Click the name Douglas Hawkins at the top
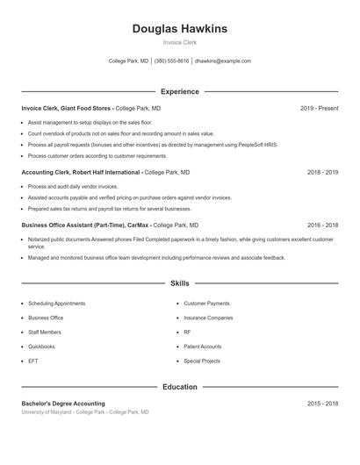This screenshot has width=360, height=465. click(179, 29)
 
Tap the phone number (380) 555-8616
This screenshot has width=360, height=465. click(172, 61)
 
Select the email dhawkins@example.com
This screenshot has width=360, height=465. click(223, 61)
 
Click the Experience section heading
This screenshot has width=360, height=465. click(179, 91)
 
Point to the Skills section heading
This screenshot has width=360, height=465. click(179, 283)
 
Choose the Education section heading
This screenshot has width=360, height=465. click(179, 387)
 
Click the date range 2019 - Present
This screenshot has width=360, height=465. click(319, 108)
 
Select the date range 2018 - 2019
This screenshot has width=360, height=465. click(322, 173)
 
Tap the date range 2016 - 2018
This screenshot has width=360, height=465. click(322, 225)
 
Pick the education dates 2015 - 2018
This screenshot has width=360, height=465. click(322, 403)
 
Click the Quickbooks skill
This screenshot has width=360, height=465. click(42, 347)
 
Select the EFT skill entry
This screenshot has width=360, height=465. click(32, 361)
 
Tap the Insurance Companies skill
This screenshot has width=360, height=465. click(208, 318)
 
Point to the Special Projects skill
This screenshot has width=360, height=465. click(202, 361)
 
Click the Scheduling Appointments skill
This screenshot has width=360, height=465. click(56, 304)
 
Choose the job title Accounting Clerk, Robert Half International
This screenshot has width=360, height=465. click(81, 173)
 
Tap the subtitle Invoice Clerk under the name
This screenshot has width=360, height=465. click(179, 42)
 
